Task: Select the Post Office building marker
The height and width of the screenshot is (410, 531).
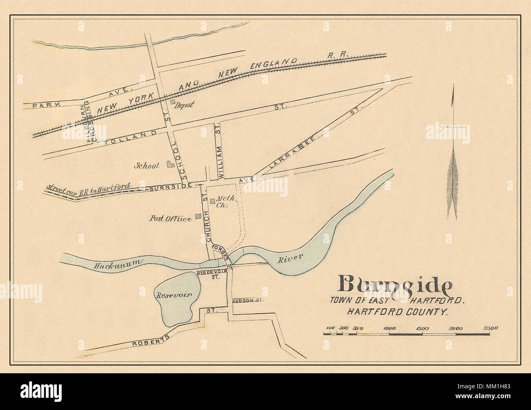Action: [198, 216]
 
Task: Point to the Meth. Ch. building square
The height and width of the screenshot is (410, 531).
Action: [212, 201]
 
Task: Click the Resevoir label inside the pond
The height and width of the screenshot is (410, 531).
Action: [172, 294]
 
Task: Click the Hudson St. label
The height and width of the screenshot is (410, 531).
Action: [248, 301]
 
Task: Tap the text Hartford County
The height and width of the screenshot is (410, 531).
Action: [397, 312]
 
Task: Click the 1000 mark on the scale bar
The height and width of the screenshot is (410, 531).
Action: [389, 328]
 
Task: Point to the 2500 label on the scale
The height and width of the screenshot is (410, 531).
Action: [490, 328]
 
